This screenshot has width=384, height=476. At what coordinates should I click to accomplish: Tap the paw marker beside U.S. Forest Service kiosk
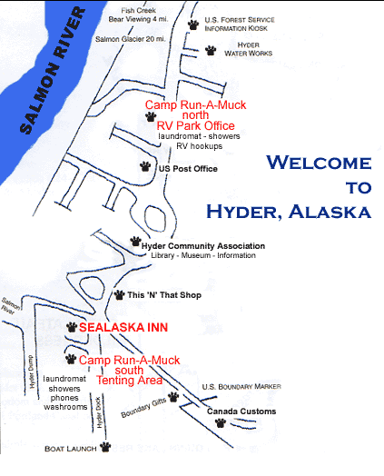tap(192, 25)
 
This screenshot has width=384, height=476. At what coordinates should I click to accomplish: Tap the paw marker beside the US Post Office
tap(146, 166)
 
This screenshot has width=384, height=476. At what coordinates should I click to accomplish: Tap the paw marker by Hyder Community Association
tap(135, 243)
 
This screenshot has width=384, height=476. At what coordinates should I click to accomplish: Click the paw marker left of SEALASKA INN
tap(72, 325)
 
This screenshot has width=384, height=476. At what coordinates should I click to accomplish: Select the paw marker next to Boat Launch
tap(106, 447)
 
